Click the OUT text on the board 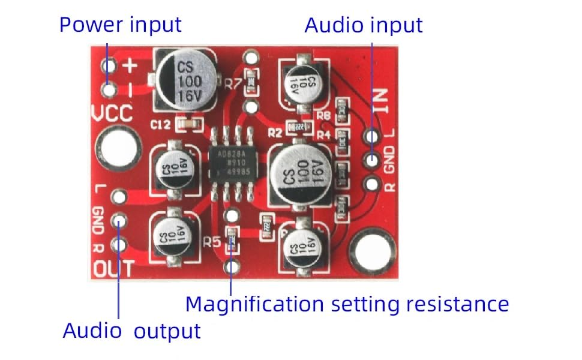coord(113,269)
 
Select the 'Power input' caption coord(120,25)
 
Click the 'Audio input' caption coord(364,25)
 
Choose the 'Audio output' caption coord(131,331)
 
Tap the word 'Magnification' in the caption coord(256,304)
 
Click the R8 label coord(324,115)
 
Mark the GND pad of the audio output coord(119,221)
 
